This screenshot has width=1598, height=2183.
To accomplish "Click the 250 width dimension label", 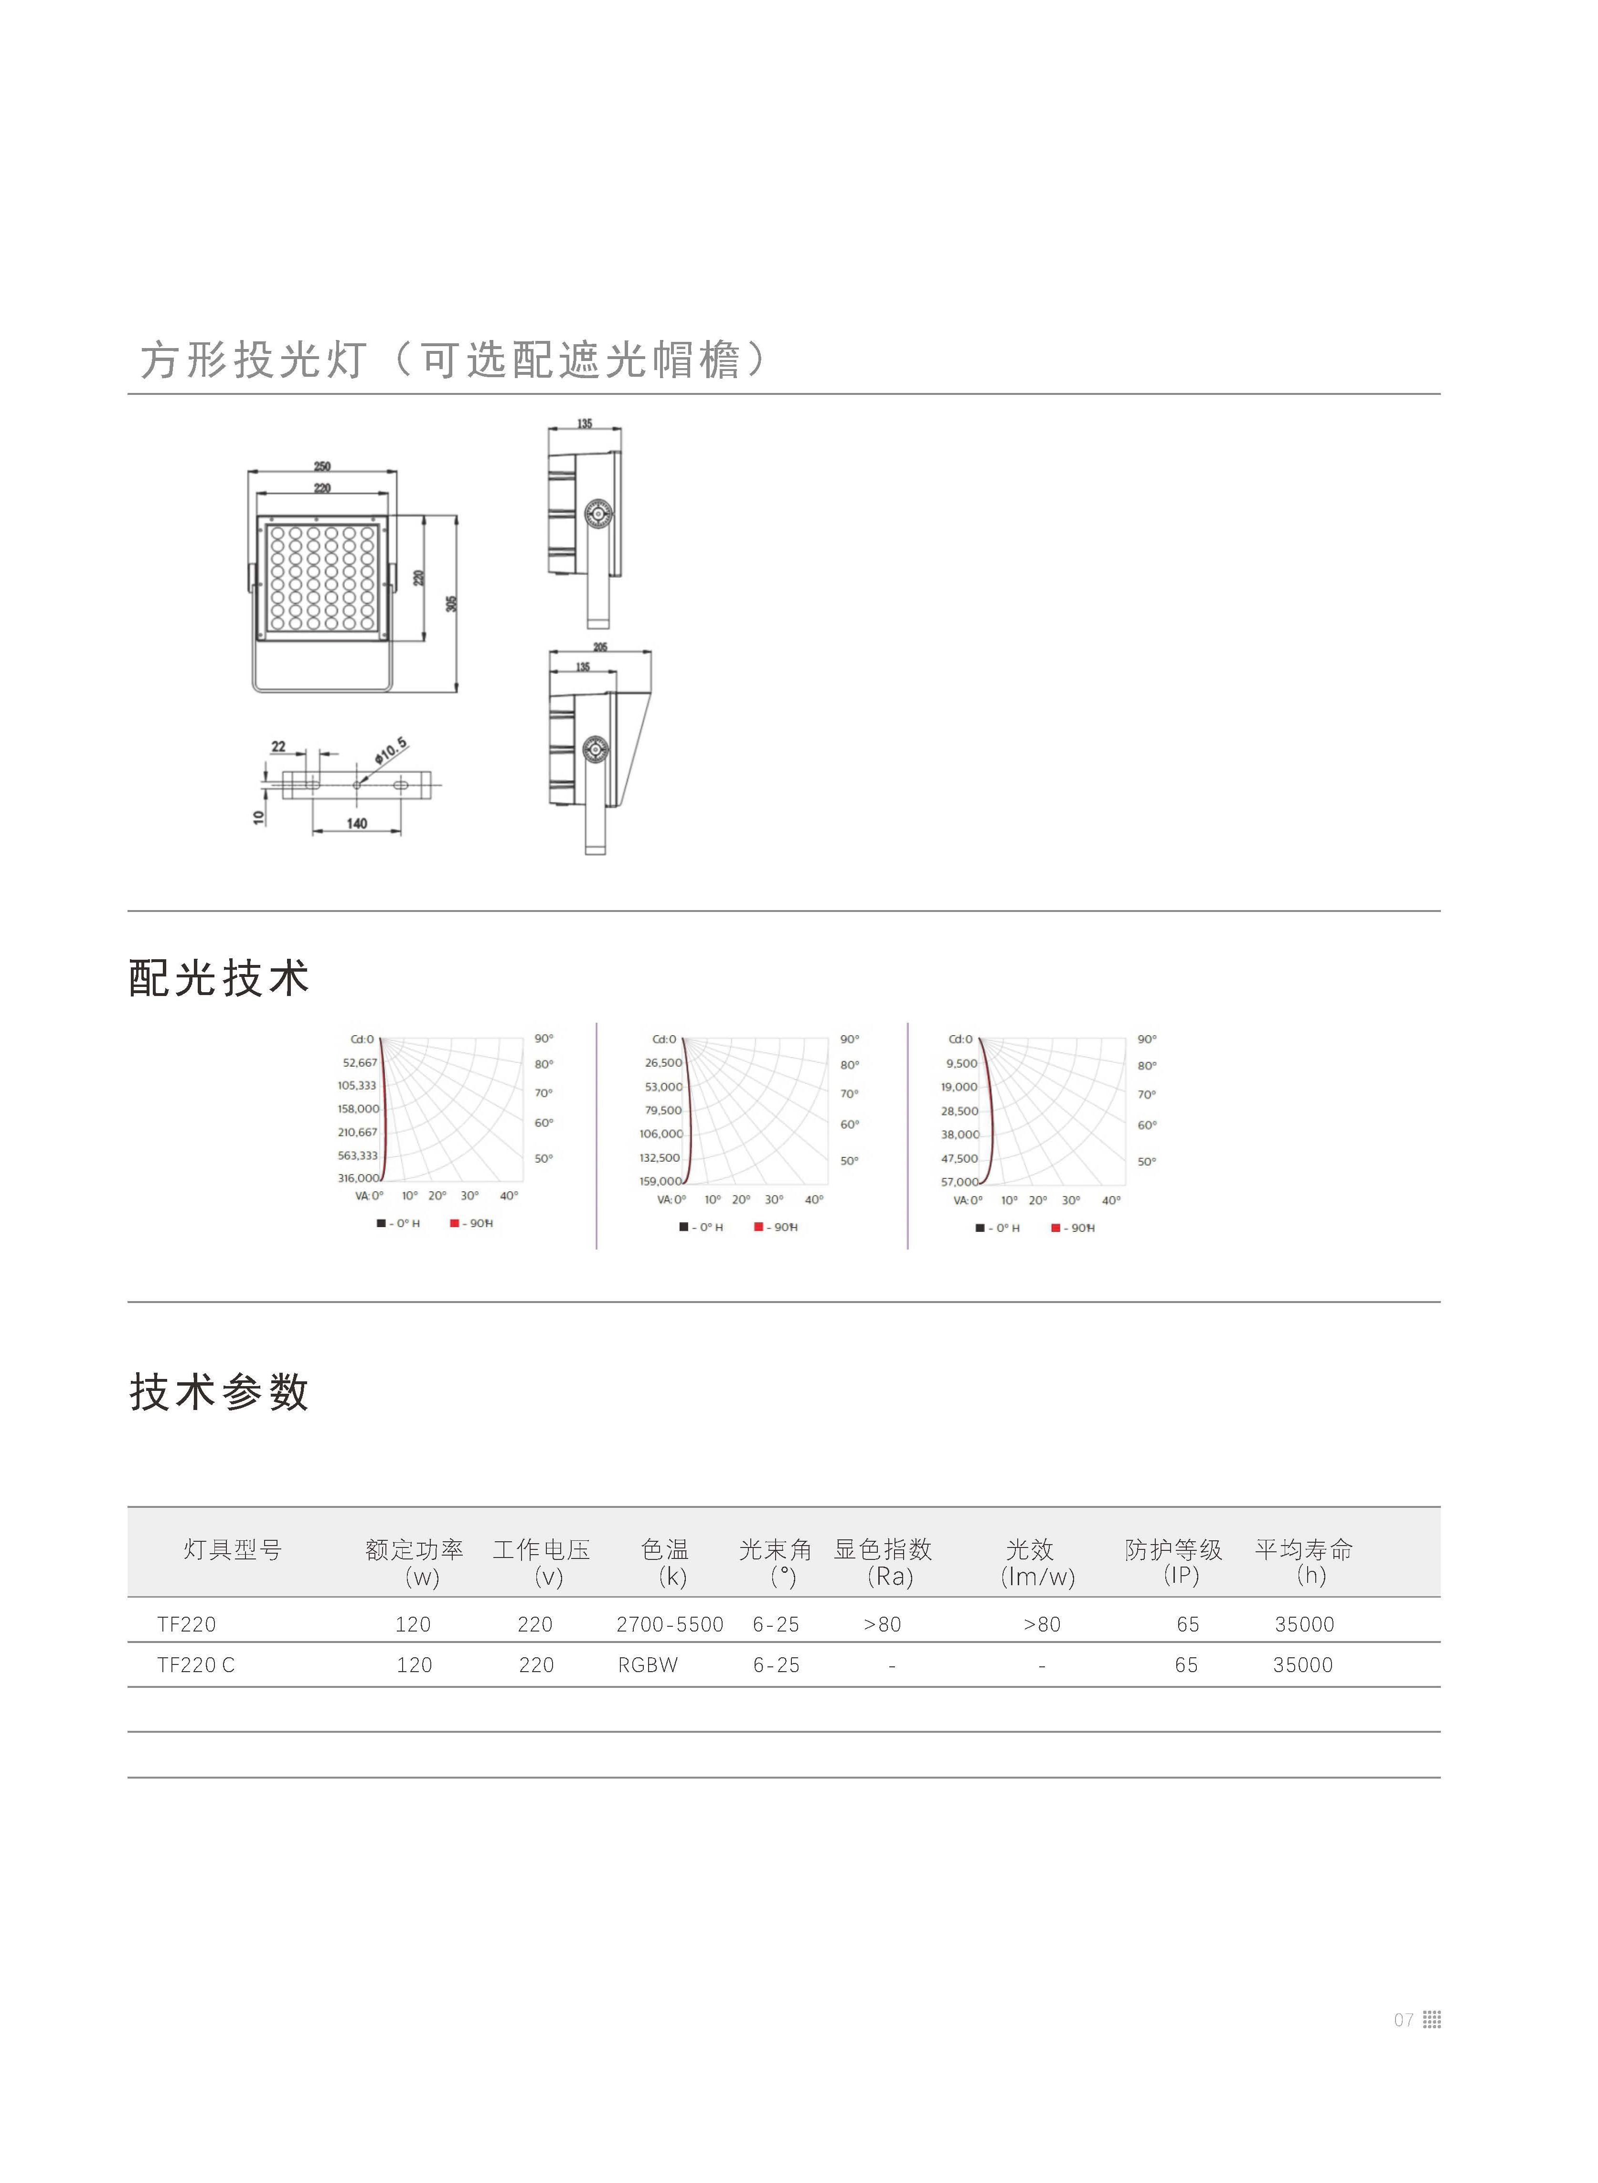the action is [x=322, y=466].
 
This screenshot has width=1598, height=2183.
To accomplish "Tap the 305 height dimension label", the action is [x=451, y=604].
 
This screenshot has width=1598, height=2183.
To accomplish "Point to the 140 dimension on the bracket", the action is [x=357, y=823].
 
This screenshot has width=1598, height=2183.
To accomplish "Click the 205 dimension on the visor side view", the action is [x=600, y=647].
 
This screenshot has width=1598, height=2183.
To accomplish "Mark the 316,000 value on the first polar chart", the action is [x=358, y=1178].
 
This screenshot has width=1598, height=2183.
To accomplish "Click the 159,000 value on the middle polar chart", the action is [x=661, y=1181].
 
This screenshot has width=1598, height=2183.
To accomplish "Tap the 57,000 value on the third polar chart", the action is [x=959, y=1182].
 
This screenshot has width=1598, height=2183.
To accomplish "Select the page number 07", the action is [x=1404, y=2020].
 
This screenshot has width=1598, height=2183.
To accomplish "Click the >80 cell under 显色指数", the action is [x=882, y=1624].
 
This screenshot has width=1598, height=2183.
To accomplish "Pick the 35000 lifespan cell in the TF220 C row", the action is [x=1303, y=1664].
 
